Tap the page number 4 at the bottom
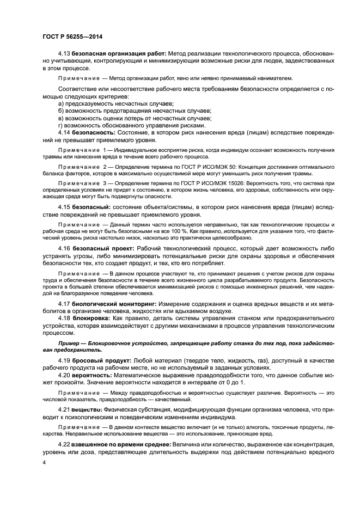pyautogui.click(x=44, y=462)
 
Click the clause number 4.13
pyautogui.click(x=64, y=54)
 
